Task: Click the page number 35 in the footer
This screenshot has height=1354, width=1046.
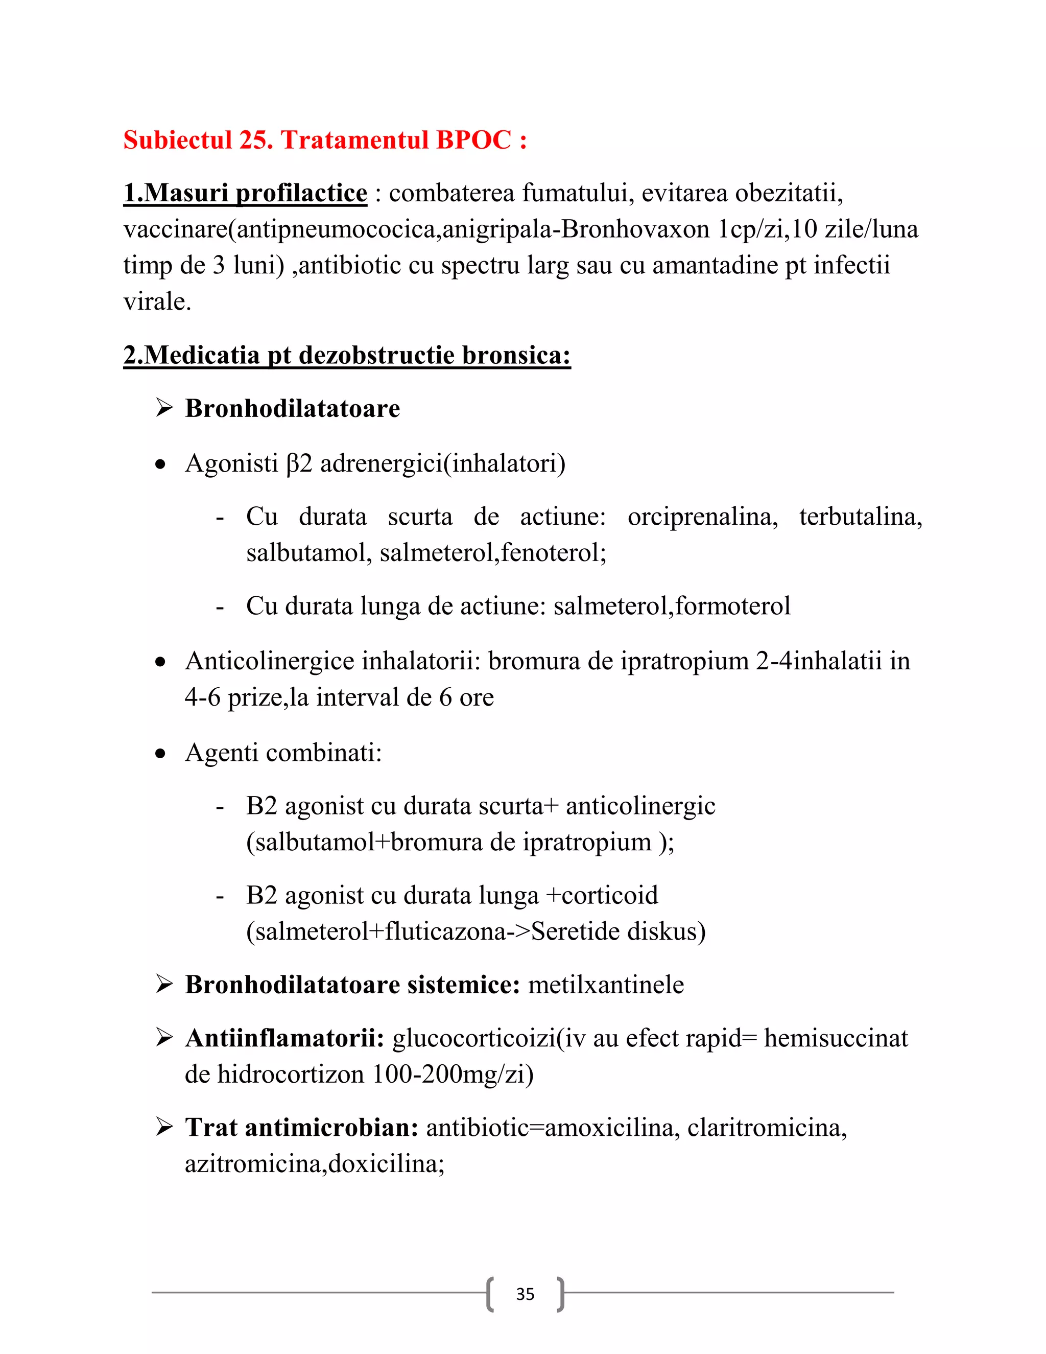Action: pos(525,1294)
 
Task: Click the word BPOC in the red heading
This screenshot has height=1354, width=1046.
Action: pos(473,140)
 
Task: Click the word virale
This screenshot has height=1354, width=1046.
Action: pos(157,302)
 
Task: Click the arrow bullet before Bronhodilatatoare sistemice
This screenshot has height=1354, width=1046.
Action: pos(164,985)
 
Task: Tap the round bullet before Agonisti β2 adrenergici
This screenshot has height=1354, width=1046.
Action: pos(161,464)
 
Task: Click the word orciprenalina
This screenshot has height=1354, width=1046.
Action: pos(702,517)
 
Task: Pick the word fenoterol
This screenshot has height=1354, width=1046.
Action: pos(553,553)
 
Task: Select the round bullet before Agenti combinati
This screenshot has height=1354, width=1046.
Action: pos(161,754)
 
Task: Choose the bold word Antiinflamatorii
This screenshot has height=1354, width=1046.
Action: pos(285,1038)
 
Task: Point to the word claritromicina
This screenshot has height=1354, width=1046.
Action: pos(766,1128)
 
